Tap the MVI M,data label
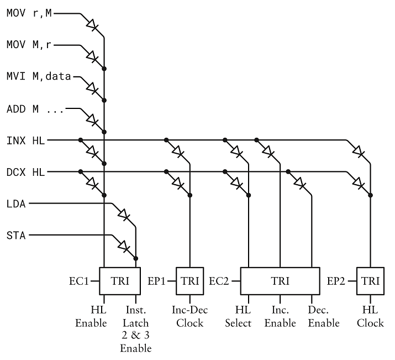click(x=39, y=77)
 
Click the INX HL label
click(x=25, y=140)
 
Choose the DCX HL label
click(x=25, y=173)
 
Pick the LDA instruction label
click(x=17, y=204)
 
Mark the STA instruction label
click(x=17, y=236)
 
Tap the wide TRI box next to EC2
click(x=280, y=281)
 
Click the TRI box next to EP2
click(x=370, y=281)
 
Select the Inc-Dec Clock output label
click(x=190, y=316)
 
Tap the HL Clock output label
click(x=370, y=316)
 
